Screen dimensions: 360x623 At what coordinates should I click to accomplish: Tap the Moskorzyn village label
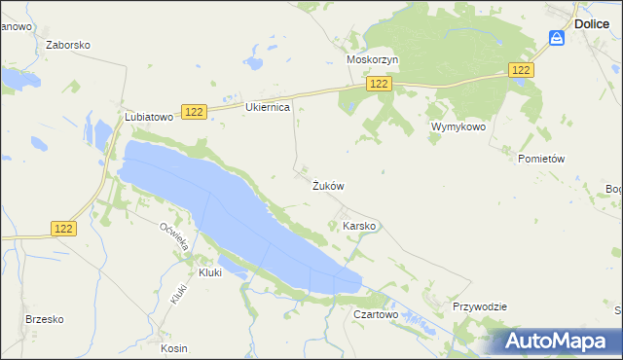click(x=373, y=59)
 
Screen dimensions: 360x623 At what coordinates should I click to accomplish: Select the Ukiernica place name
click(x=268, y=107)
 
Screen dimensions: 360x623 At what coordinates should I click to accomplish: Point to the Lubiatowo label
click(x=148, y=116)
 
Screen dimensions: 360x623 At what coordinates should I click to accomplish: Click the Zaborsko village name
click(x=68, y=45)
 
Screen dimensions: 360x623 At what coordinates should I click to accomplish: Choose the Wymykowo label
click(x=458, y=127)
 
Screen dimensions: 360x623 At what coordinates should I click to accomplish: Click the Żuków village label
click(x=328, y=185)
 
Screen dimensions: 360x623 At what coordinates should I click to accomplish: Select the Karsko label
click(x=359, y=226)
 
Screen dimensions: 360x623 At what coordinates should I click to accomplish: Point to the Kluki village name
click(x=210, y=272)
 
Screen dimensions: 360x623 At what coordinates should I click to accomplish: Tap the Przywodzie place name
click(x=480, y=306)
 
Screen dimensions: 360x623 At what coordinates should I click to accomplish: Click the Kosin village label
click(x=175, y=347)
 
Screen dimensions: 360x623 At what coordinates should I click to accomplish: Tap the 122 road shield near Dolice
click(x=522, y=69)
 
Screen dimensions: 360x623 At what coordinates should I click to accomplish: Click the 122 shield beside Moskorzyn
click(x=380, y=86)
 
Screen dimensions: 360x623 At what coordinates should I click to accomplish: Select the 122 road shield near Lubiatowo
click(x=195, y=113)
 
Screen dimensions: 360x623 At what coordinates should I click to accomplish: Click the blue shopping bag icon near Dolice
click(x=557, y=38)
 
